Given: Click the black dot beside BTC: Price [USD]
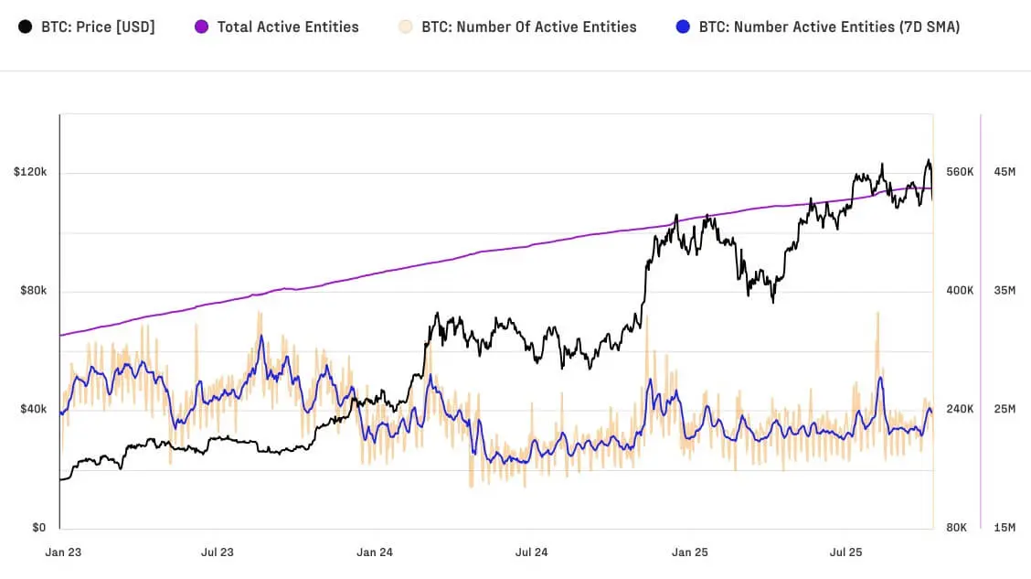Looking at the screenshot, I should tap(27, 27).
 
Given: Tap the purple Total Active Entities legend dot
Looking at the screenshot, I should tap(202, 27).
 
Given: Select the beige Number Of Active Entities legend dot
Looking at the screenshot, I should tap(407, 27).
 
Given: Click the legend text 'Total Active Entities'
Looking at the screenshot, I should tap(288, 27).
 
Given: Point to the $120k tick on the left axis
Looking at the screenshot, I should tap(29, 172).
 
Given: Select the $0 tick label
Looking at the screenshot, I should tap(39, 528).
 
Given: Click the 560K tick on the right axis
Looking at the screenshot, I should tap(960, 172).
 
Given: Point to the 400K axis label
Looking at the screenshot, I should tap(960, 291).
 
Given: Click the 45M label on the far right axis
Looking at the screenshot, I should tap(1004, 172).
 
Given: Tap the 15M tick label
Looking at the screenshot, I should tap(1004, 528).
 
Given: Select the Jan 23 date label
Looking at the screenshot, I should tap(63, 552).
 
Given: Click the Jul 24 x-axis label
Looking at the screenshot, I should tap(531, 552).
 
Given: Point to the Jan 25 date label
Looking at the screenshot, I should tap(689, 552).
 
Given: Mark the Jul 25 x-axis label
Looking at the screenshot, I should tap(845, 552).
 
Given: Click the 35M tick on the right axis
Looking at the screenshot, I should tap(1004, 291).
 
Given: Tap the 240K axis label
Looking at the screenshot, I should tap(960, 409).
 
